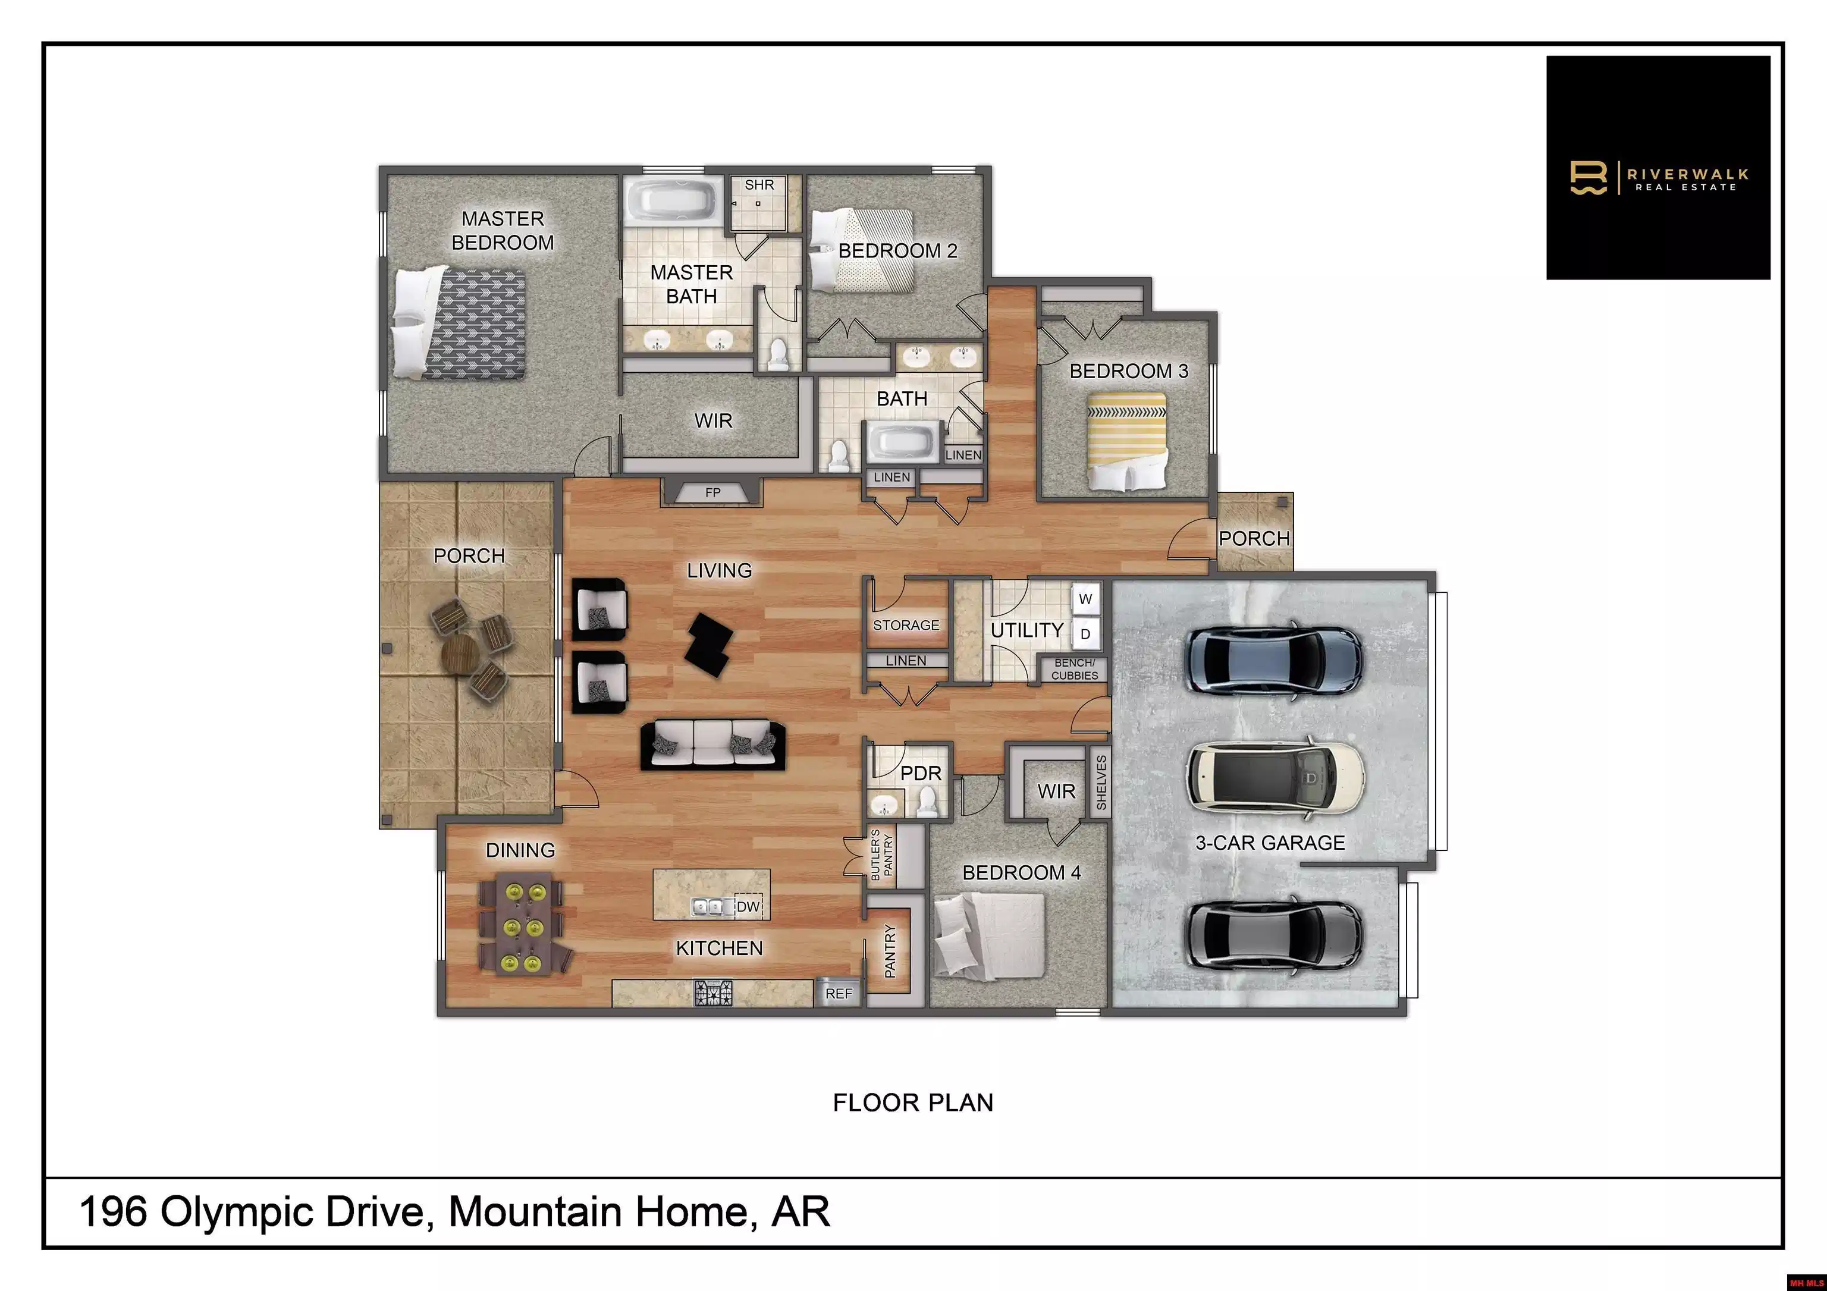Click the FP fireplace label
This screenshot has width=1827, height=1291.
pyautogui.click(x=712, y=493)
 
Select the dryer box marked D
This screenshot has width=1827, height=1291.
pyautogui.click(x=1085, y=634)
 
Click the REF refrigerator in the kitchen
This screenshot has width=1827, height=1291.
pyautogui.click(x=839, y=992)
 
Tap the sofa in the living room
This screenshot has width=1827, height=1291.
pyautogui.click(x=713, y=745)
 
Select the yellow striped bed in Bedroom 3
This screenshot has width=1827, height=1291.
pyautogui.click(x=1127, y=441)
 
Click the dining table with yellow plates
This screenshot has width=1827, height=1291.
pyautogui.click(x=522, y=924)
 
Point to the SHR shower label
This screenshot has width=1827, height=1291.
pyautogui.click(x=759, y=184)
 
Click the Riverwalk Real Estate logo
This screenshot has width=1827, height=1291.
pyautogui.click(x=1658, y=168)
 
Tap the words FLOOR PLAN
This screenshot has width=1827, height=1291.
pyautogui.click(x=913, y=1102)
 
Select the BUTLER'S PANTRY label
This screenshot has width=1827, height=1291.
pyautogui.click(x=881, y=855)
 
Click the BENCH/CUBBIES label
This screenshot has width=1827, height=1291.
pyautogui.click(x=1074, y=669)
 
